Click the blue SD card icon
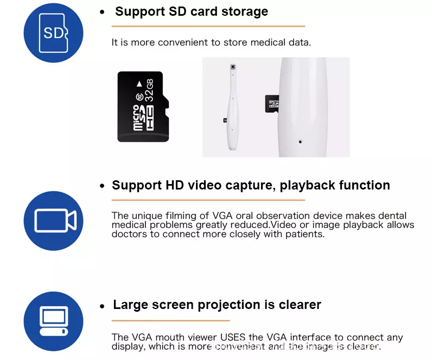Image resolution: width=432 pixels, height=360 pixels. [x=53, y=33]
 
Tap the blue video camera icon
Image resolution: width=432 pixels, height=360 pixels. [x=53, y=221]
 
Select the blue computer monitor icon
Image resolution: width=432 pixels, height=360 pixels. [x=53, y=321]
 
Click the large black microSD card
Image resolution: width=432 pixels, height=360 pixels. [x=143, y=106]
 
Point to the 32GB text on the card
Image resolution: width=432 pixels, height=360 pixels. [x=149, y=90]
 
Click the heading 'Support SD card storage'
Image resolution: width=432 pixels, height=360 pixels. [x=192, y=11]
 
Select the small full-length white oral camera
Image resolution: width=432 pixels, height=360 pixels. [x=232, y=107]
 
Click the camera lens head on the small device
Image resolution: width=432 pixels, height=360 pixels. [x=233, y=67]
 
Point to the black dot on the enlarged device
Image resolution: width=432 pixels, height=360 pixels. [x=300, y=142]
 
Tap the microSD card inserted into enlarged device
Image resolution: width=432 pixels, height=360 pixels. [x=272, y=104]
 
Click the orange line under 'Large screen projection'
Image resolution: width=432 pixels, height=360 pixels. [x=170, y=320]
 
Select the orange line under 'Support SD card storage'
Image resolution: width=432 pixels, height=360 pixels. [x=208, y=26]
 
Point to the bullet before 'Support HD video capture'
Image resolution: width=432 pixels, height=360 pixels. [x=102, y=186]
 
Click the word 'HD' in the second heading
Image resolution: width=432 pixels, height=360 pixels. [x=175, y=185]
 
